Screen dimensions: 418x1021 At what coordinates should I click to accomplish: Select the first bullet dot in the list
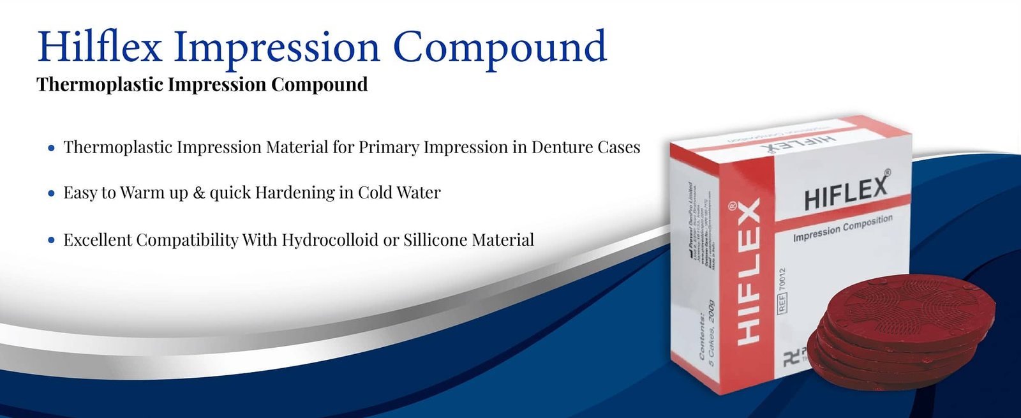pyautogui.click(x=52, y=149)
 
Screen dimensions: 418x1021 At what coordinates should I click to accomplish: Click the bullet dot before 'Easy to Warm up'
pyautogui.click(x=52, y=193)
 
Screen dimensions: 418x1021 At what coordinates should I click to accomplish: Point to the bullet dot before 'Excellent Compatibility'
pyautogui.click(x=52, y=241)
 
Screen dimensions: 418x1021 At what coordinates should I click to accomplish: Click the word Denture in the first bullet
pyautogui.click(x=562, y=147)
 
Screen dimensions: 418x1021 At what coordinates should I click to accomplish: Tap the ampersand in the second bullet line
pyautogui.click(x=198, y=193)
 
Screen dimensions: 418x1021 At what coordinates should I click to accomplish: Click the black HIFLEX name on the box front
pyautogui.click(x=845, y=192)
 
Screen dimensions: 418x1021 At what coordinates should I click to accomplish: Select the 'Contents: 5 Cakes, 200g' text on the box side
pyautogui.click(x=707, y=332)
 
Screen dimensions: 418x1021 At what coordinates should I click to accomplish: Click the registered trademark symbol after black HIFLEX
pyautogui.click(x=888, y=172)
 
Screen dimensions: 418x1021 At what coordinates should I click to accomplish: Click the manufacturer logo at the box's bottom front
pyautogui.click(x=792, y=359)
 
